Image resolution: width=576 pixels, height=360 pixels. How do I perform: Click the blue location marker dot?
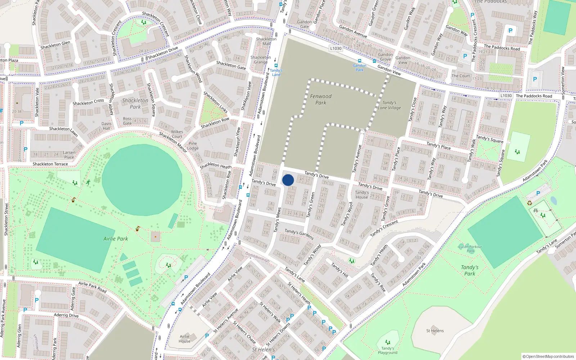(x=288, y=180)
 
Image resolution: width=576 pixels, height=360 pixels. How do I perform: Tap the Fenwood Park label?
(x=321, y=99)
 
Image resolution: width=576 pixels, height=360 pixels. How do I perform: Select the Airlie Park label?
(x=116, y=239)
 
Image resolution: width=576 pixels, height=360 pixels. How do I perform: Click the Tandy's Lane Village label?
(x=389, y=105)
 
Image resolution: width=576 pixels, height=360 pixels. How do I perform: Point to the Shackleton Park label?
(x=135, y=104)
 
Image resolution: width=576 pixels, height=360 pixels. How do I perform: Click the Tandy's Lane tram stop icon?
(x=276, y=66)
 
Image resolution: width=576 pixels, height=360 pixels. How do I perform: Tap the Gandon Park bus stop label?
(x=359, y=67)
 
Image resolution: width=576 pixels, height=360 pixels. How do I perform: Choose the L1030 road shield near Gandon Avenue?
(x=336, y=48)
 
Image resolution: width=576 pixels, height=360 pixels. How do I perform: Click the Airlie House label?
(x=184, y=339)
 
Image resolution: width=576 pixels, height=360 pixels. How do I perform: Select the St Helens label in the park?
(x=435, y=330)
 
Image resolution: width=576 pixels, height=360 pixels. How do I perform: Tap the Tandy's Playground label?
(x=388, y=350)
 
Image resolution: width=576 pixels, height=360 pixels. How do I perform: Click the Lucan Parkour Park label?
(x=471, y=249)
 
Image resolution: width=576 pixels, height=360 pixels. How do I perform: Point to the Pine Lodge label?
(x=193, y=145)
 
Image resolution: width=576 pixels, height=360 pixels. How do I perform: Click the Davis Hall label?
(x=107, y=126)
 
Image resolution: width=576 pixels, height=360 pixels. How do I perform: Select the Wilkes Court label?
(x=177, y=134)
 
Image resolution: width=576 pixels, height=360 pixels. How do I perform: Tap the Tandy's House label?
(x=362, y=195)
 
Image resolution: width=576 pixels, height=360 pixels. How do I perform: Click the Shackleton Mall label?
(x=266, y=41)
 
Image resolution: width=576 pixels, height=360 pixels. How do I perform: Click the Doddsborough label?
(x=257, y=257)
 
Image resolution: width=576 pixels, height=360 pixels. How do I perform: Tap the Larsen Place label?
(x=69, y=154)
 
